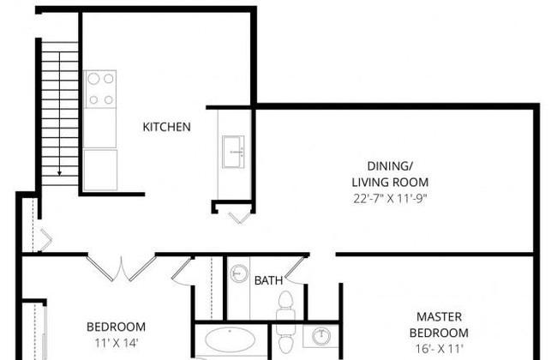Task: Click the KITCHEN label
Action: [x=166, y=127]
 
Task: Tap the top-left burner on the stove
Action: [x=93, y=79]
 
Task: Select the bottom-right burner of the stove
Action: [x=109, y=100]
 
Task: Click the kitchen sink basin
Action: [x=233, y=152]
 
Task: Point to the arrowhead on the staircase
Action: [x=60, y=173]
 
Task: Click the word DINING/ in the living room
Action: [x=390, y=166]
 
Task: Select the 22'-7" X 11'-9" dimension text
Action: [x=390, y=198]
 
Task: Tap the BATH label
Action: [x=268, y=280]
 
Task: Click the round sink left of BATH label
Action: [x=239, y=273]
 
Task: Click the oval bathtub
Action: [x=231, y=340]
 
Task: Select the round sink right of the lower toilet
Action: [x=321, y=336]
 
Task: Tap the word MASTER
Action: [x=439, y=316]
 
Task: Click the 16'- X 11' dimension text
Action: [x=440, y=349]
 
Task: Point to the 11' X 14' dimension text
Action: [x=117, y=343]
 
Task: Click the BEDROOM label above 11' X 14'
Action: [x=117, y=327]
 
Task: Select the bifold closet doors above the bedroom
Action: [x=122, y=268]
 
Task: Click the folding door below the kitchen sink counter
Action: [x=240, y=218]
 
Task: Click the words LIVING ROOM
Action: [x=390, y=183]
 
